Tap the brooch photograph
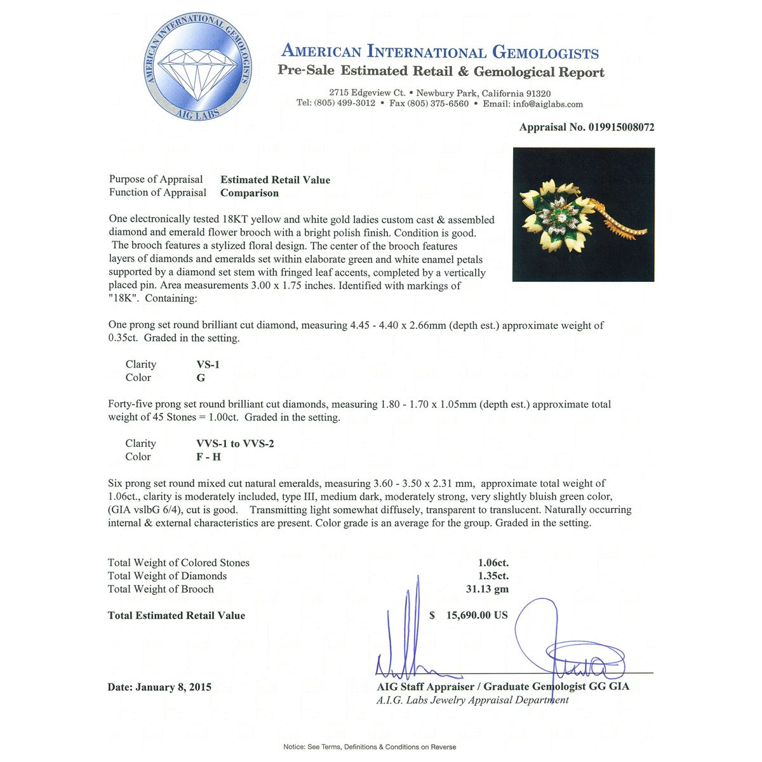coord(583,215)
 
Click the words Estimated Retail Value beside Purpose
coord(275,180)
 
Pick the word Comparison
coord(250,193)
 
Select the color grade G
coord(201,378)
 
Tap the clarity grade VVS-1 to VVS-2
coord(235,444)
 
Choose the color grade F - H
coord(209,457)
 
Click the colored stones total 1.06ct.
coord(493,563)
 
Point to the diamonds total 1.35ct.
coord(493,576)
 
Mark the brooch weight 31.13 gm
coord(487,589)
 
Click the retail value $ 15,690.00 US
coord(469,615)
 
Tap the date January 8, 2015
coord(159,687)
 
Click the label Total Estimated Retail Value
coord(177,615)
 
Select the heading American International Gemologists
coord(439,52)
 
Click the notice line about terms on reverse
coord(370,747)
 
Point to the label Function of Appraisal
coord(157,192)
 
